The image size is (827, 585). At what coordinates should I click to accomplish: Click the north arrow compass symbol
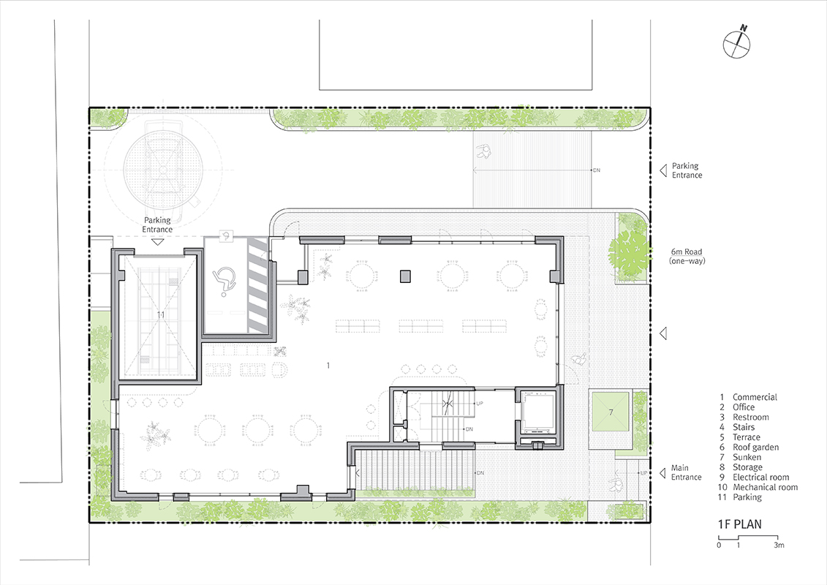click(x=737, y=44)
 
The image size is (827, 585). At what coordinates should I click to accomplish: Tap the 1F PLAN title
click(x=739, y=524)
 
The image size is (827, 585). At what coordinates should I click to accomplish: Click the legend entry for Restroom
click(x=744, y=418)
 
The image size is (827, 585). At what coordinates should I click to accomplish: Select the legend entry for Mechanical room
click(x=758, y=488)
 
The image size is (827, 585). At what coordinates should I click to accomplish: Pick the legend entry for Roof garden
click(x=749, y=448)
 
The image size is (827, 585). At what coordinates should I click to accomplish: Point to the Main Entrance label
click(x=686, y=472)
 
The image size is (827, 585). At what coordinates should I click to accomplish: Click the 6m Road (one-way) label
click(x=687, y=256)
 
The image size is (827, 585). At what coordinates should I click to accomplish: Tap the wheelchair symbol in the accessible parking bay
click(x=224, y=279)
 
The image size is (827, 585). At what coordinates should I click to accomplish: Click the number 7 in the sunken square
click(x=611, y=412)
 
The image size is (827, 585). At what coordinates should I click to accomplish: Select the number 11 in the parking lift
click(x=161, y=314)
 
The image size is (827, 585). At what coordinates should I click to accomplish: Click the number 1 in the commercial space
click(x=328, y=365)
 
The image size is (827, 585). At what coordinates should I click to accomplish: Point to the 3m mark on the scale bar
click(x=779, y=545)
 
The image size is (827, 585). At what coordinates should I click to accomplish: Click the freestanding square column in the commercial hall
click(x=405, y=276)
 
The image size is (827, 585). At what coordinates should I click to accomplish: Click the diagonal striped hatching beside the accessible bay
click(x=258, y=285)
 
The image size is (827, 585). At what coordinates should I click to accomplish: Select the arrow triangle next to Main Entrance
click(x=663, y=473)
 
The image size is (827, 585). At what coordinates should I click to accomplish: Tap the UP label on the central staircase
click(x=480, y=404)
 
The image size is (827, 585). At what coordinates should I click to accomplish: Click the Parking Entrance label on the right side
click(x=687, y=170)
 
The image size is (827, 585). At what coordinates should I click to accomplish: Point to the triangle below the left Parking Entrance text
click(x=157, y=242)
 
